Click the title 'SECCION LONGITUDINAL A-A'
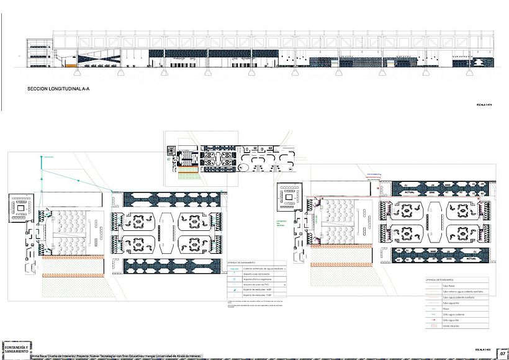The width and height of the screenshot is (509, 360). coord(59,89)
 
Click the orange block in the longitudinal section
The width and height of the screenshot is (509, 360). coord(72,65)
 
